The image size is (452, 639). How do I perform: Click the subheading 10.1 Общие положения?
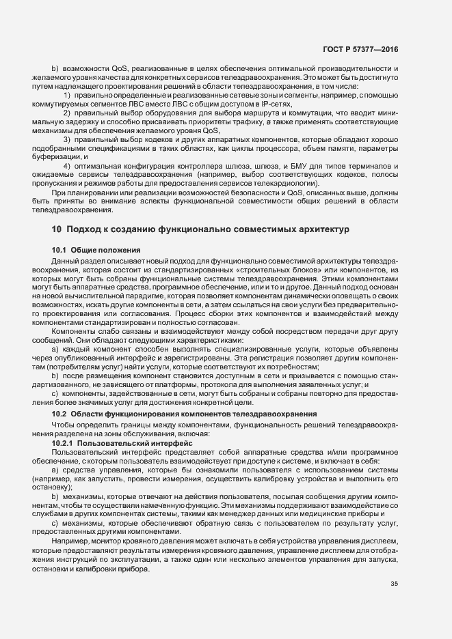pyautogui.click(x=96, y=250)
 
